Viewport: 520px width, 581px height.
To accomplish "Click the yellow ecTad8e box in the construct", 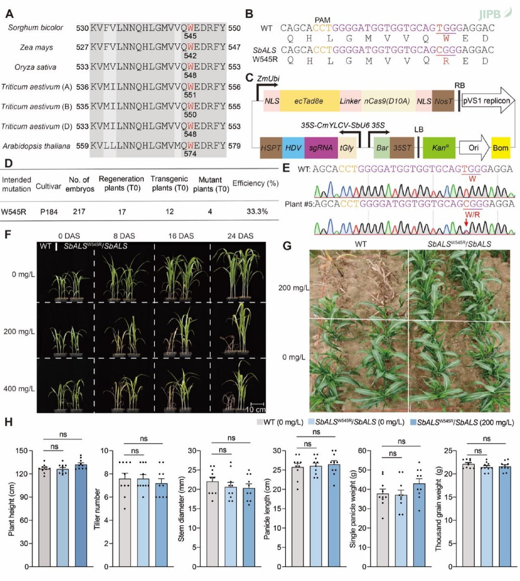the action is [309, 101].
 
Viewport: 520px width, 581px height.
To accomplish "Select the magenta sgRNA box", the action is [321, 148].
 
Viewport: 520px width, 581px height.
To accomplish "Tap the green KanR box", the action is [439, 148].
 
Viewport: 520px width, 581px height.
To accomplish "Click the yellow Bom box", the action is [501, 148].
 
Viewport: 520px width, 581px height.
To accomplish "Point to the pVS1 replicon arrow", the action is [488, 101].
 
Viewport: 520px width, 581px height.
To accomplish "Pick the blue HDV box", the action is [293, 148].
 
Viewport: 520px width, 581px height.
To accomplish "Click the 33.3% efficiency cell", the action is [257, 211].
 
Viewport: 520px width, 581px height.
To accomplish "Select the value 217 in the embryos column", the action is [79, 211].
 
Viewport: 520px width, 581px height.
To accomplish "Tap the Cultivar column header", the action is [48, 186].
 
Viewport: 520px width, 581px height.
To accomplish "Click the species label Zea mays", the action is [37, 47].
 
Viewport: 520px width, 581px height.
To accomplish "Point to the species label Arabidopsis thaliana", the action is [37, 146].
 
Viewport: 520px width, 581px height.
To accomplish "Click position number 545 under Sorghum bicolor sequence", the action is [190, 36].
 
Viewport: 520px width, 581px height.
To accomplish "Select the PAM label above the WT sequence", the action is [322, 20].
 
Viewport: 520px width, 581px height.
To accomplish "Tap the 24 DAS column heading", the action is [240, 236].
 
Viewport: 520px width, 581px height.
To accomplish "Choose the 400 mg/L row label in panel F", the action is [19, 389].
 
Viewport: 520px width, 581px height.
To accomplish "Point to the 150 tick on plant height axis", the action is [22, 451].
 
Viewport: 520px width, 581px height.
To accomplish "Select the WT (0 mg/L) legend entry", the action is [280, 422].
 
